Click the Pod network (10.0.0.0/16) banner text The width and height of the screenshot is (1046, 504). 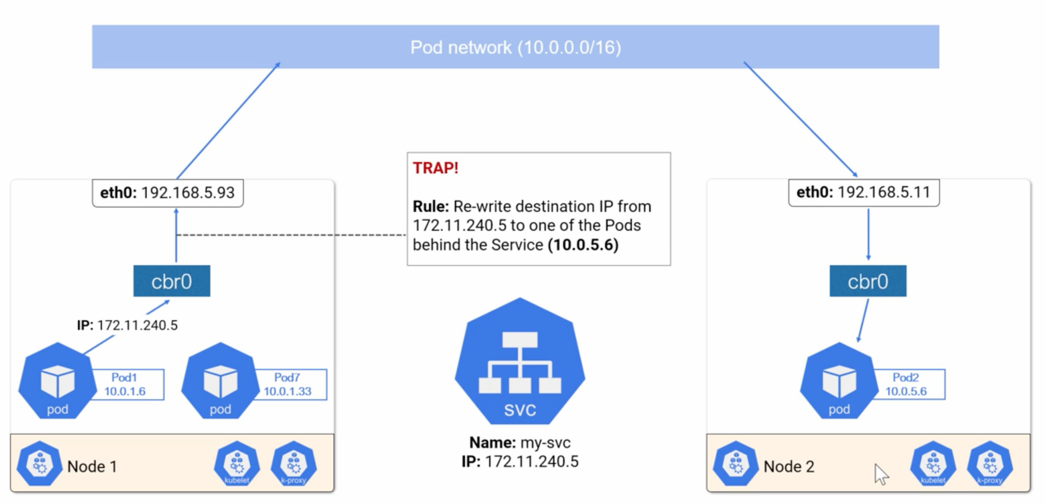[x=515, y=47]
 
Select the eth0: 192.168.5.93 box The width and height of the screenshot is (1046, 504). [x=168, y=193]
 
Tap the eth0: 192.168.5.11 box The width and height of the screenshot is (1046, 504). [x=864, y=193]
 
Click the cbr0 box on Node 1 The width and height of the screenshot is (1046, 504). [x=172, y=281]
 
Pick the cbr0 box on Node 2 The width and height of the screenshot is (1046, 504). [x=868, y=281]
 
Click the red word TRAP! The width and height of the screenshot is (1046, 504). [x=436, y=168]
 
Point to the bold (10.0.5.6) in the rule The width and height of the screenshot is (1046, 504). [x=583, y=245]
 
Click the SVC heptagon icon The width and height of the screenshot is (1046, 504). [x=520, y=363]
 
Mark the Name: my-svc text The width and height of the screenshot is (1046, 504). [x=520, y=442]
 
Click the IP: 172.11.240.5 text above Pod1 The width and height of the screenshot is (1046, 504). [x=127, y=325]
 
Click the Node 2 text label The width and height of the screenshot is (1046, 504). [x=789, y=466]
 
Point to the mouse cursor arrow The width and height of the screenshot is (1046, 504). [x=881, y=473]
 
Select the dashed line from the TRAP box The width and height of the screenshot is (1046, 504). [x=291, y=235]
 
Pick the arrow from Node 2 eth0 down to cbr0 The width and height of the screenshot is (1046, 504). [x=868, y=235]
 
